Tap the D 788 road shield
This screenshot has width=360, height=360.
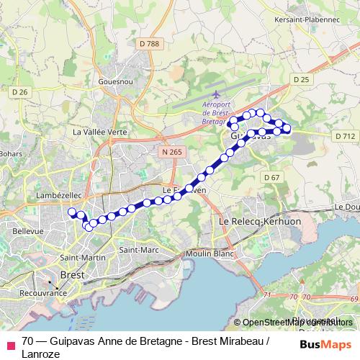148,44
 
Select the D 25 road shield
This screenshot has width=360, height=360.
300,78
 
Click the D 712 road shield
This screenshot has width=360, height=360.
345,135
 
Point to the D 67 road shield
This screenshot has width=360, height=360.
271,177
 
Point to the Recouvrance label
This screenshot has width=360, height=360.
42,294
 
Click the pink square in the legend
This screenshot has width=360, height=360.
10,346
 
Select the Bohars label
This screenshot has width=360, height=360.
11,153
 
